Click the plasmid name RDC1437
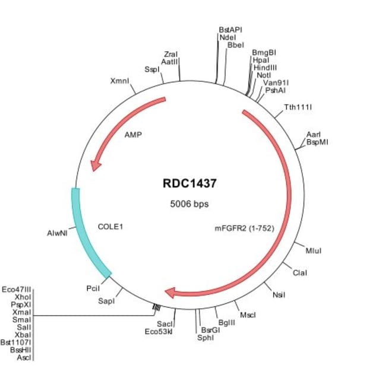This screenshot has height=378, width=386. (186, 184)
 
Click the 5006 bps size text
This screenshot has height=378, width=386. (186, 204)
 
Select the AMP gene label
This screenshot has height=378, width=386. (132, 135)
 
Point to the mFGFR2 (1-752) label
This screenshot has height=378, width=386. (244, 227)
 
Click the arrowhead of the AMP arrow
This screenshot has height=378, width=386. (94, 167)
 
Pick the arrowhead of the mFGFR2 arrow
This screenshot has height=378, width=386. (171, 292)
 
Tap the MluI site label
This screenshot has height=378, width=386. (313, 251)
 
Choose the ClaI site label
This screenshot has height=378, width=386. (300, 272)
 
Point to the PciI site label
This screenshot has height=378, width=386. (93, 288)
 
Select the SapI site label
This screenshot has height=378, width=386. (106, 301)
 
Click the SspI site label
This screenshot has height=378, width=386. (151, 69)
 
